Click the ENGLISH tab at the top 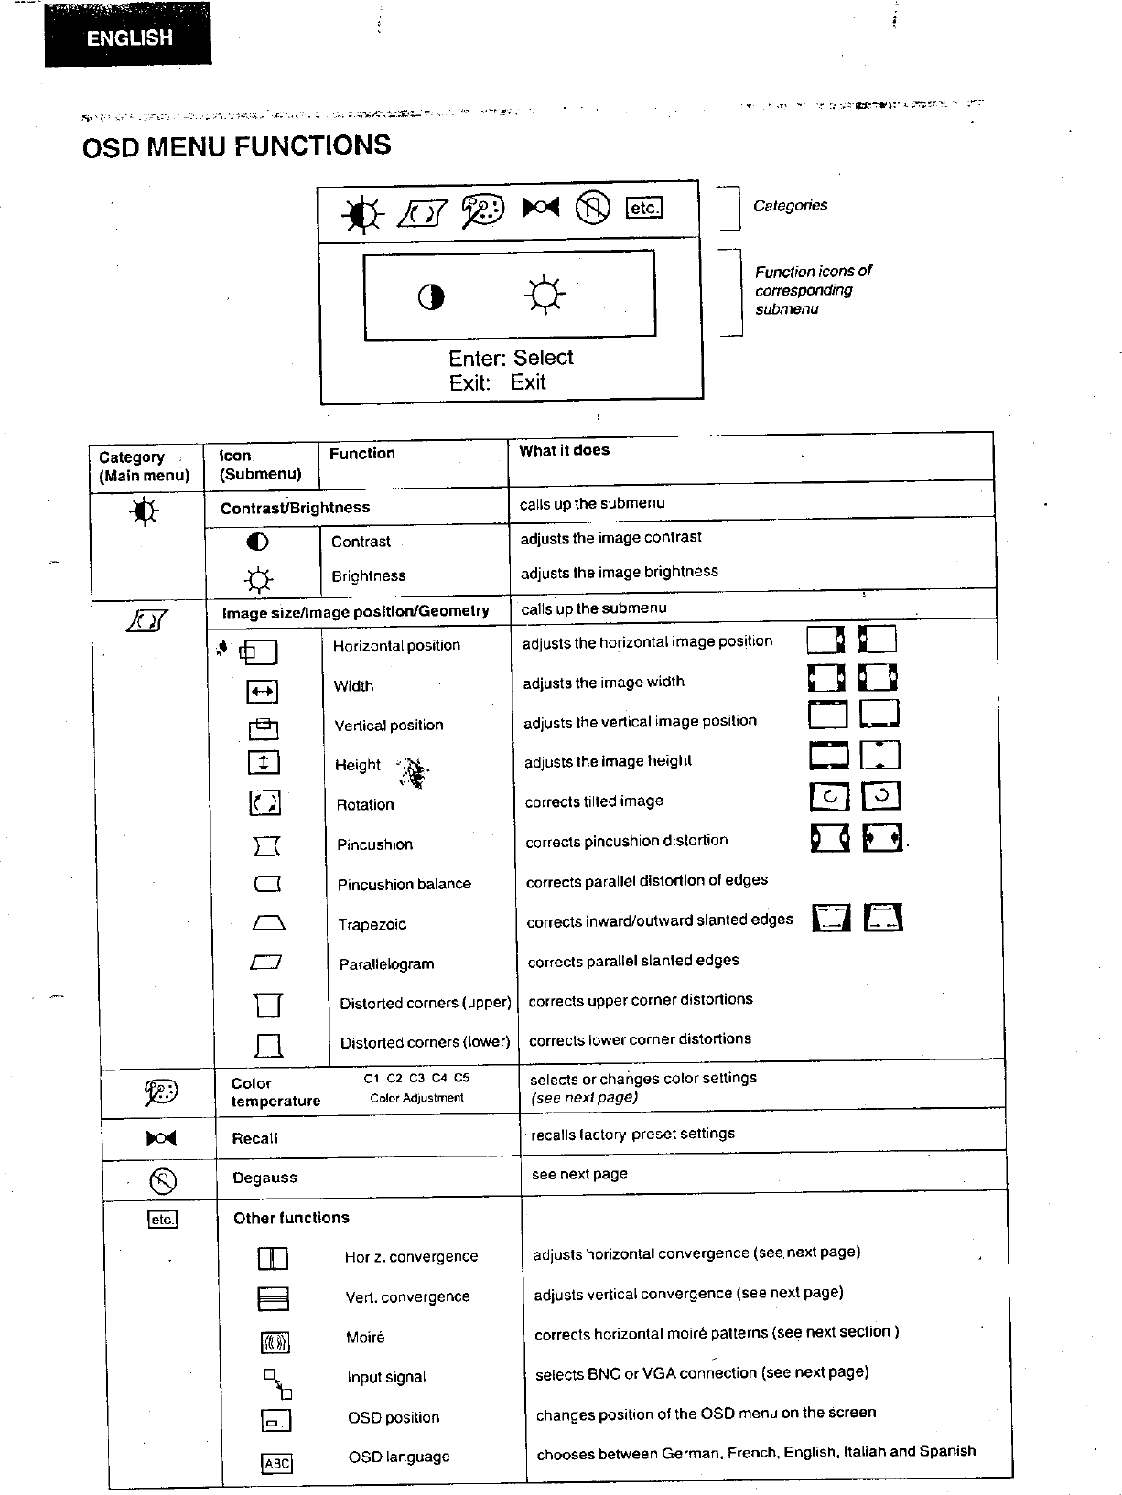coord(129,38)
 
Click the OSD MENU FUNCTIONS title coord(236,146)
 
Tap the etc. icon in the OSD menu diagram coord(643,208)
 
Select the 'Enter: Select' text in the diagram coord(511,358)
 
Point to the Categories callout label coord(790,206)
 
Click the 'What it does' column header coord(564,450)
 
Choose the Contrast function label coord(361,542)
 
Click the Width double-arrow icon coord(262,692)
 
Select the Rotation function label coord(365,805)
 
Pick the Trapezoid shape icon coord(268,923)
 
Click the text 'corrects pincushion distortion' coord(627,841)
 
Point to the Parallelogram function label coord(386,964)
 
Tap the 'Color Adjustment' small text coord(416,1098)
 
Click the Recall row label coord(254,1138)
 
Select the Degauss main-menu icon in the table coord(162,1181)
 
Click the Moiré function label coord(365,1338)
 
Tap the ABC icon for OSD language coord(276,1463)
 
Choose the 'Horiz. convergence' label coord(411,1257)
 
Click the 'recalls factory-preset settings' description coord(632,1135)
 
